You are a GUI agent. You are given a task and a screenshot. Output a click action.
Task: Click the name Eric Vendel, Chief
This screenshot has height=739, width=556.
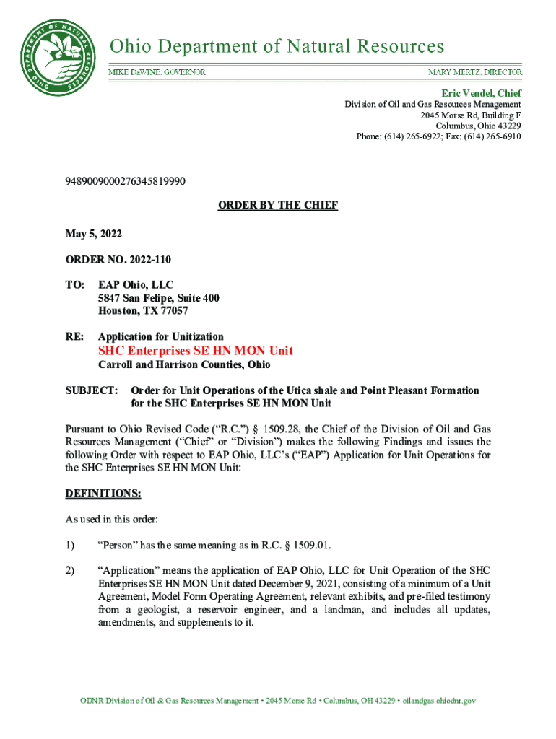click(x=482, y=94)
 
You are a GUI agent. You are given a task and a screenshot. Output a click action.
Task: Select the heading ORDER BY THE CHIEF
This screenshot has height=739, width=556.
click(x=278, y=206)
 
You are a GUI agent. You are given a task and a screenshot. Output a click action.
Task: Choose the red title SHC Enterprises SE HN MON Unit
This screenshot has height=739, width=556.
click(x=196, y=351)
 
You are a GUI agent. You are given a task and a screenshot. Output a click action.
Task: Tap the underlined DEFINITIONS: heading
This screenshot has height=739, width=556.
click(x=103, y=494)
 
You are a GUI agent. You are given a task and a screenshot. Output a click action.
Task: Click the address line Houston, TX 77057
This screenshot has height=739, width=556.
click(x=143, y=311)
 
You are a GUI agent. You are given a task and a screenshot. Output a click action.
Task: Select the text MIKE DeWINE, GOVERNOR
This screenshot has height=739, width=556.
click(x=157, y=73)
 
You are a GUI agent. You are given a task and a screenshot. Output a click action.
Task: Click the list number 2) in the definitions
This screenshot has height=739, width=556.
click(x=70, y=571)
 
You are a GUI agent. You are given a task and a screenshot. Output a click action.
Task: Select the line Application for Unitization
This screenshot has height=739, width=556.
click(x=161, y=336)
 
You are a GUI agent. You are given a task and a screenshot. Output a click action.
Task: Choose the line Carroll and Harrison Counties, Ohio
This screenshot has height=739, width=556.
click(x=184, y=365)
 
